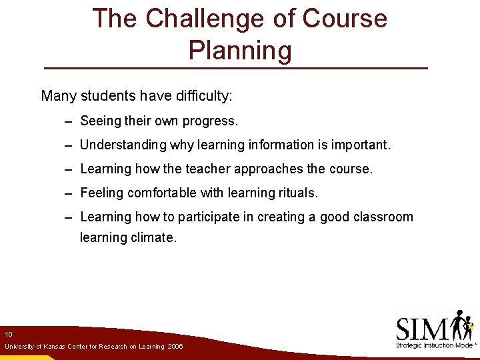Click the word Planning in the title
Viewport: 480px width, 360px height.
tap(240, 51)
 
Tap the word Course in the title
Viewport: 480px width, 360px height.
tap(345, 19)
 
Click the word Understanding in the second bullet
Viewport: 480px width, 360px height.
tap(123, 145)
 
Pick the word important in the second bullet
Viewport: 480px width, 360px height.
tap(360, 145)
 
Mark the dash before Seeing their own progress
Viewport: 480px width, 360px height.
tap(69, 122)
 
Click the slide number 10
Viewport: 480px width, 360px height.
tap(9, 334)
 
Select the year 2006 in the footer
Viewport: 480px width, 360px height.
tap(175, 347)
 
